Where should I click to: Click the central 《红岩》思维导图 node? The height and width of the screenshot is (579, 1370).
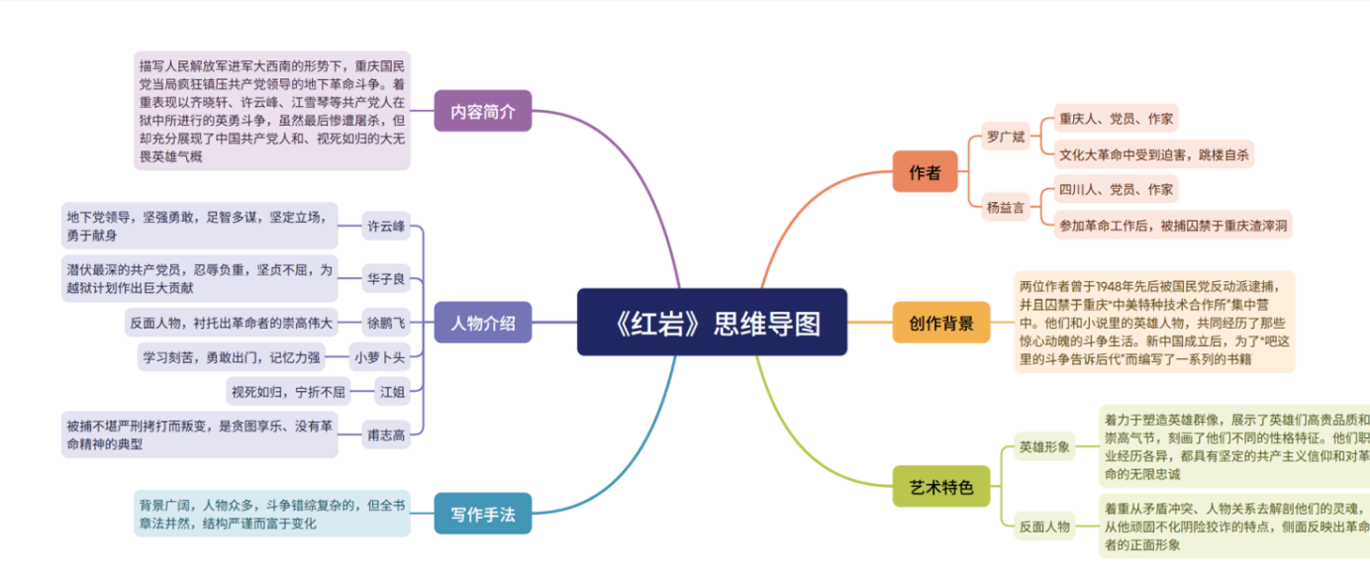click(x=712, y=322)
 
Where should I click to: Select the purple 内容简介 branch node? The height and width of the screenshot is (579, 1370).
click(x=483, y=111)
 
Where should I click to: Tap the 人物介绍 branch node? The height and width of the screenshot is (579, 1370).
click(x=483, y=323)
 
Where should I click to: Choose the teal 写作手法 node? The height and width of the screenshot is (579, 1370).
click(x=483, y=514)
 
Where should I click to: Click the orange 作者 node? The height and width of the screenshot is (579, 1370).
click(x=925, y=172)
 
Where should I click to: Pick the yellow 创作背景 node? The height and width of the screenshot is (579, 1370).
click(x=940, y=323)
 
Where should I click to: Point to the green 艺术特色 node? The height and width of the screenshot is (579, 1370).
click(x=940, y=486)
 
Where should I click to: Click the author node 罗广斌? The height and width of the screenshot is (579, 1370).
click(x=1006, y=136)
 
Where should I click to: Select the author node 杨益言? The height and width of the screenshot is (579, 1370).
click(x=1006, y=208)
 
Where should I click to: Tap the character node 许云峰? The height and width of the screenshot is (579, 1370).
click(x=386, y=226)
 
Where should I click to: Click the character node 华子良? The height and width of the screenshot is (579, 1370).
click(x=386, y=279)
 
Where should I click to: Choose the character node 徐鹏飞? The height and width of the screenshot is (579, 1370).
click(x=386, y=322)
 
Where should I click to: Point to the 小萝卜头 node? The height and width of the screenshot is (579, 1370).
click(x=380, y=356)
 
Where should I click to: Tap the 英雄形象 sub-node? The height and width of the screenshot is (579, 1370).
click(x=1045, y=447)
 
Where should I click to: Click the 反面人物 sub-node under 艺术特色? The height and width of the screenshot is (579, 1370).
click(x=1045, y=527)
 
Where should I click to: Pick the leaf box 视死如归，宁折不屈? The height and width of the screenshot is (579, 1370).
click(x=288, y=392)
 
